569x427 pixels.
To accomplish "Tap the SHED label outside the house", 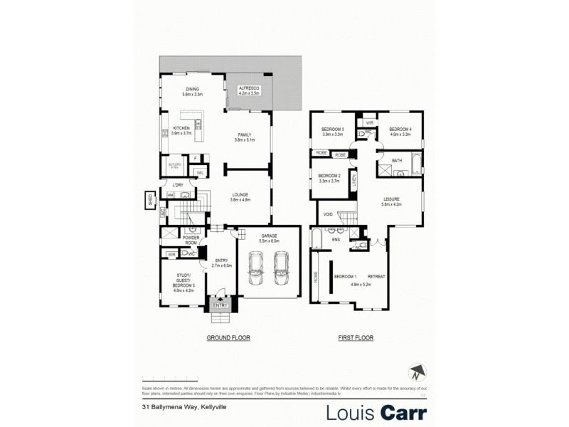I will (150, 201).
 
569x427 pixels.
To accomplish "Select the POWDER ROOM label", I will (190, 240).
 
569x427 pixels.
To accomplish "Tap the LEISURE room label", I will (392, 201).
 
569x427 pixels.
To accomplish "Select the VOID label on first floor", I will (328, 213).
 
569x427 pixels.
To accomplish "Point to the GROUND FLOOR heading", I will (228, 338).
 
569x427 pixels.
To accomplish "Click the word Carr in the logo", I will (402, 412).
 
